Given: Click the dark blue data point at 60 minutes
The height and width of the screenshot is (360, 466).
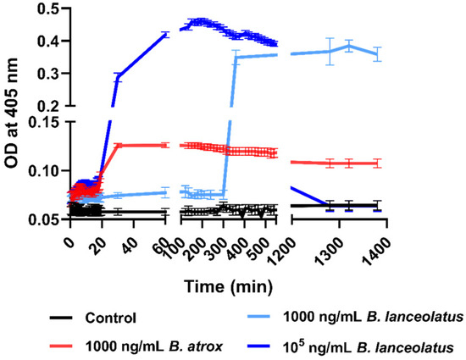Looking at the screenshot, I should tap(166, 35).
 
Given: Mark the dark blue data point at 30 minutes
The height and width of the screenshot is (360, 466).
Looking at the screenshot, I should tap(118, 77).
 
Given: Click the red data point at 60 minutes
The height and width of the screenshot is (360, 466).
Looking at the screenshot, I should tap(166, 145).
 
